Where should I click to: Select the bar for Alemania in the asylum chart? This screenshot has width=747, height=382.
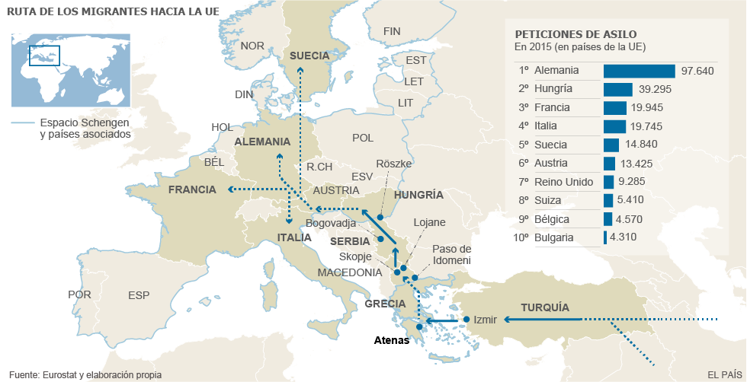pos(639,71)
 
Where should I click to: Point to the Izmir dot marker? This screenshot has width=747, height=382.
pos(466,320)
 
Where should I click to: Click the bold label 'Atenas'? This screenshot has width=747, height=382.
pos(392,341)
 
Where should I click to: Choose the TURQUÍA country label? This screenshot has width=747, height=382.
pos(545,307)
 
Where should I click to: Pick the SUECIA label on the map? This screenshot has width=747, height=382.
pos(309,56)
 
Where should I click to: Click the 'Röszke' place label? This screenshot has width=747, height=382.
pos(394,164)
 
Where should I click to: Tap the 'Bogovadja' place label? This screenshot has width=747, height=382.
pos(331,223)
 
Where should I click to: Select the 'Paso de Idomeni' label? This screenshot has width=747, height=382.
pos(451,255)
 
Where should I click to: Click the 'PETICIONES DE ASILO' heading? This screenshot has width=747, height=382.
pos(575,34)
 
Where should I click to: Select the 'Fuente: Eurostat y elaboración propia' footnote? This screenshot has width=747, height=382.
pos(85,374)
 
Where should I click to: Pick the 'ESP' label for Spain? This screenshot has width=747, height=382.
pos(139,295)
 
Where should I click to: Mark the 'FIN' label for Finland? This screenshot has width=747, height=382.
pos(392,31)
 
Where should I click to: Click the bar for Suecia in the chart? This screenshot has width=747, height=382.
pos(611,145)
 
